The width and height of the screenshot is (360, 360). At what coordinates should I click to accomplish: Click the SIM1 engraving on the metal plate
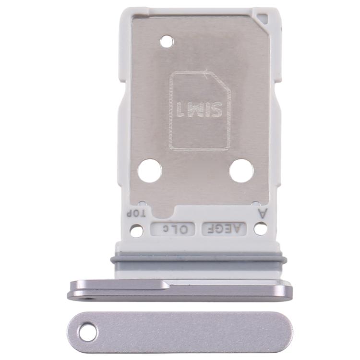(x=200, y=110)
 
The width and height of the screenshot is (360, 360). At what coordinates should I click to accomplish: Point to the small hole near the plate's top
(x=167, y=42)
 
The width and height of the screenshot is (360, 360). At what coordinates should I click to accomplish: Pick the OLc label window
(x=173, y=229)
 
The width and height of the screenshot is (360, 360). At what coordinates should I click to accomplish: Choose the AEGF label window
(x=226, y=229)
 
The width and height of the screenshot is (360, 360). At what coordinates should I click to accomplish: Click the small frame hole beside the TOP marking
(x=136, y=231)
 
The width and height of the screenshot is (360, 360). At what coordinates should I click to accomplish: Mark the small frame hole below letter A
(x=261, y=229)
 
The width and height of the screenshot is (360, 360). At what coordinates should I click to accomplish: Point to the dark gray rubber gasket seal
(x=199, y=259)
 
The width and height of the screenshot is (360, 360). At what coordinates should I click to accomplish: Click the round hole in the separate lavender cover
(x=88, y=333)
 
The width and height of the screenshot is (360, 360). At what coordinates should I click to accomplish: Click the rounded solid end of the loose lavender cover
(x=281, y=332)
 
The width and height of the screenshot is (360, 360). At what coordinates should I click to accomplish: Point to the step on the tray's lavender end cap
(x=166, y=285)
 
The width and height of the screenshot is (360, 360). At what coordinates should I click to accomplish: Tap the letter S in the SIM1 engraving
(x=216, y=110)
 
